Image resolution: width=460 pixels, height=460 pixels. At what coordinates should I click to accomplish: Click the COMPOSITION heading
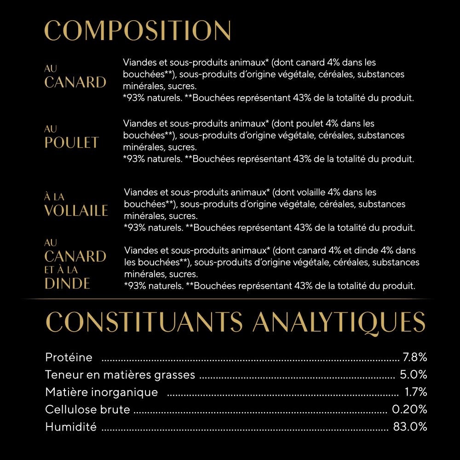click(x=138, y=31)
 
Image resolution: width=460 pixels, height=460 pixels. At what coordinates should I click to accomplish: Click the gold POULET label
click(x=72, y=143)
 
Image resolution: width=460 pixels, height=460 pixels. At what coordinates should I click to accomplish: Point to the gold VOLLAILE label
click(x=76, y=211)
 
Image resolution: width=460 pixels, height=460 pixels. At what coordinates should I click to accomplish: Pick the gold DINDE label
click(x=67, y=283)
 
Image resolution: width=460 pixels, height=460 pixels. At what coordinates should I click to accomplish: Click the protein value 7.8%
click(x=415, y=357)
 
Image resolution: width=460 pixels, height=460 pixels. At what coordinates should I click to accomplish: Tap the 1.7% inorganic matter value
click(x=416, y=392)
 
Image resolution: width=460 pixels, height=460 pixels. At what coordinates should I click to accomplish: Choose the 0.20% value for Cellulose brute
click(x=409, y=409)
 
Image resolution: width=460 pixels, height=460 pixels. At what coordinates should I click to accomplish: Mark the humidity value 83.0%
click(x=410, y=426)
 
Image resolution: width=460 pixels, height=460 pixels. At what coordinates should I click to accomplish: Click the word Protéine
click(x=69, y=357)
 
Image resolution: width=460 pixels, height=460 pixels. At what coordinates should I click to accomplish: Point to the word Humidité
click(x=71, y=427)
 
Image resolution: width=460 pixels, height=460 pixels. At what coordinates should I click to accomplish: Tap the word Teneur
click(x=63, y=374)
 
